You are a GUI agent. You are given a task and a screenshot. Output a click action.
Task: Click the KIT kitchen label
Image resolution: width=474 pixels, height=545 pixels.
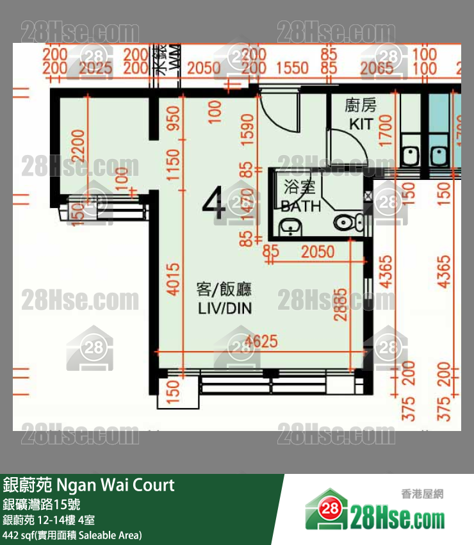pos(361,124)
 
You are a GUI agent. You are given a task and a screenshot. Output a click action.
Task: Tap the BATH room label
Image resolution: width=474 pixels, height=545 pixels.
pos(300,206)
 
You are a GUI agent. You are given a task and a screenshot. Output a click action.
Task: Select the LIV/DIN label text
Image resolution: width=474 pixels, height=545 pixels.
pos(224,308)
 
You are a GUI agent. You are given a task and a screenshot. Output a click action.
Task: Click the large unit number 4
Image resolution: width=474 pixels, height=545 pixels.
pos(214,204)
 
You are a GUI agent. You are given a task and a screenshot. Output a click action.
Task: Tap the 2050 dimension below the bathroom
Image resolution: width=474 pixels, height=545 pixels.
pos(318,252)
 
